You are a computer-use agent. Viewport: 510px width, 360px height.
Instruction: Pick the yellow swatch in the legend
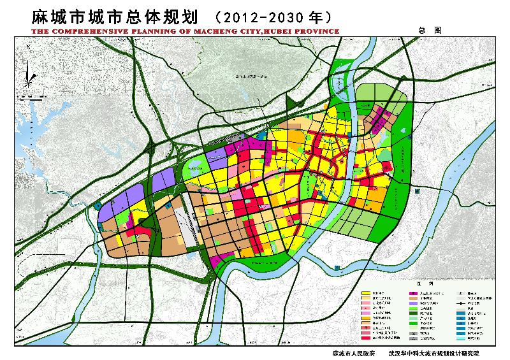367,291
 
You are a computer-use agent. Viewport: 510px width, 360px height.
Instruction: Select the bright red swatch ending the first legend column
367,339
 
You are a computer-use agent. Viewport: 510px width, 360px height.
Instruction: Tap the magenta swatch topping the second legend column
413,291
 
